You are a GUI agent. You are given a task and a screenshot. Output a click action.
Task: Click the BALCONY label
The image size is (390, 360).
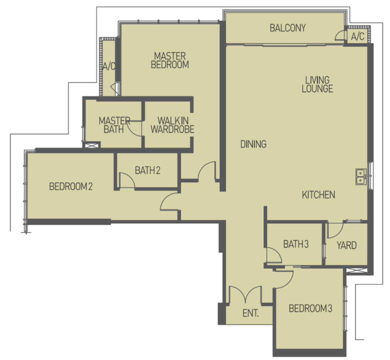point(288,28)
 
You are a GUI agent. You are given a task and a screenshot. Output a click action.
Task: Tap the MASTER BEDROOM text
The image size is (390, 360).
point(170,60)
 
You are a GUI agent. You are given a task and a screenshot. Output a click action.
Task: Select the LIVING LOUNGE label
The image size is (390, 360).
point(317,84)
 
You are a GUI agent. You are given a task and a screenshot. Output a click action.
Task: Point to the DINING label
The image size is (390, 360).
point(253,144)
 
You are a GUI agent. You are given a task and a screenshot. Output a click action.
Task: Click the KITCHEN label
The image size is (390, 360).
point(319,195)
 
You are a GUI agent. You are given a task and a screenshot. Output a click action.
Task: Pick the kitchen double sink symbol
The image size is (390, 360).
point(361,177)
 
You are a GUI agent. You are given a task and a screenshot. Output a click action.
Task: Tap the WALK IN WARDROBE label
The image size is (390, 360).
point(173,125)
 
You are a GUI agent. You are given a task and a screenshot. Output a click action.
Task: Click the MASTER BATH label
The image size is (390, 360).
point(114,125)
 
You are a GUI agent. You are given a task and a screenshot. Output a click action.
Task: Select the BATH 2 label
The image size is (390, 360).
point(148,171)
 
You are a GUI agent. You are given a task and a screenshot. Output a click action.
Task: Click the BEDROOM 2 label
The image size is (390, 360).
point(71,186)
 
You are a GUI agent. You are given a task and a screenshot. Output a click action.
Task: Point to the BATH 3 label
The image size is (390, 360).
point(296,244)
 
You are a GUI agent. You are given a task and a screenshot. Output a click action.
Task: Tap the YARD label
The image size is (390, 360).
point(347,245)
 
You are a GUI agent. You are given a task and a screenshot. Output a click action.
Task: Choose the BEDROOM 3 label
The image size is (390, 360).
point(310,309)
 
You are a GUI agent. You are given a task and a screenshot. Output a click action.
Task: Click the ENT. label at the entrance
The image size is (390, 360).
point(251,313)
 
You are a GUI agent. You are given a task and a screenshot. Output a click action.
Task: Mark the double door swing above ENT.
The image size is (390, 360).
point(245,294)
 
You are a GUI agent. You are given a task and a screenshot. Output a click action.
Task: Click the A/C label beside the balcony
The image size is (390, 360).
point(358,37)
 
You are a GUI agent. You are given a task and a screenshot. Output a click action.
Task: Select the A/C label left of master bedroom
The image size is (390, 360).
point(109,66)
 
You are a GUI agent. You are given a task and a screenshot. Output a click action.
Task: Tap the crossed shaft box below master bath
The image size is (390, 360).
point(92,145)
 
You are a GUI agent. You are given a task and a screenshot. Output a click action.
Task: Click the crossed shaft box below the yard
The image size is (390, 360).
point(357,271)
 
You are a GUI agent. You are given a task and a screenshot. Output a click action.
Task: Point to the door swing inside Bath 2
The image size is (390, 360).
point(127,180)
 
